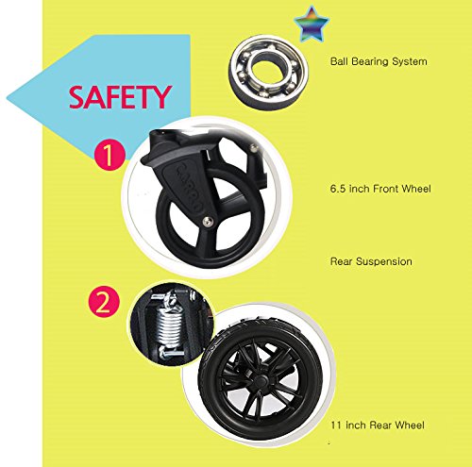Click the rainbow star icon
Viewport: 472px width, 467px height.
point(312,25)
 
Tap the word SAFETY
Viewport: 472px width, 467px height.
point(121,97)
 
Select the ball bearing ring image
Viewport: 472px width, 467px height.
point(268,73)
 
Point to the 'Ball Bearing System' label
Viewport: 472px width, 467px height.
point(379,61)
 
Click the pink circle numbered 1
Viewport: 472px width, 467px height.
point(110,155)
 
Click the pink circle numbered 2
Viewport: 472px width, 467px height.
point(104,303)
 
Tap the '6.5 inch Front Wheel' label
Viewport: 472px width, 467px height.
point(380,189)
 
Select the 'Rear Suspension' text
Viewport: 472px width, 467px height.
point(371,261)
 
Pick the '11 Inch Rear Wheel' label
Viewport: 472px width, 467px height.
point(378,425)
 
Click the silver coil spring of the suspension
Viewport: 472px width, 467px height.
point(170,328)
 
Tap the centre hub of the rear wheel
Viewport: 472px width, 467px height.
point(260,381)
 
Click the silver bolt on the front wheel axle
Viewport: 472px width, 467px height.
point(207,222)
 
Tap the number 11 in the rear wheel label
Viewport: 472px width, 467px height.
point(336,425)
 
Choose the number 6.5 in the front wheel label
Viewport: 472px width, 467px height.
point(338,189)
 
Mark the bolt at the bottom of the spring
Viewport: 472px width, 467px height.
point(171,355)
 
